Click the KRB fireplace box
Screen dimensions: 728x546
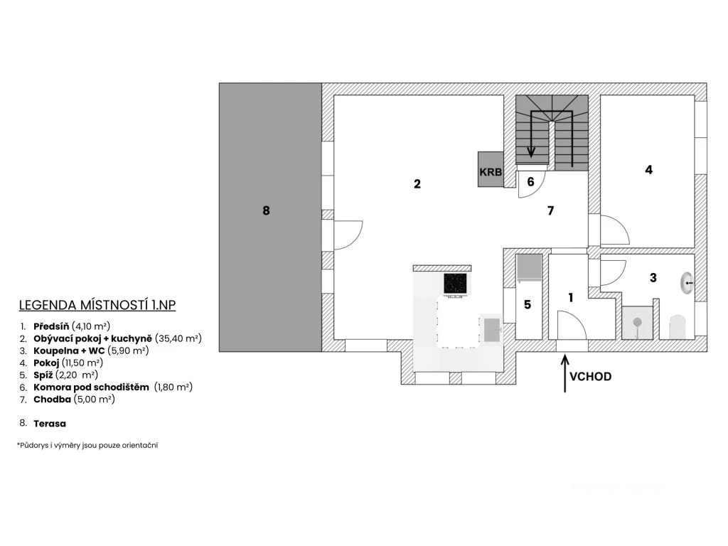[491, 169]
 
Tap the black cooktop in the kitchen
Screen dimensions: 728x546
[455, 283]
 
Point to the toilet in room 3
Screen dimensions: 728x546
[678, 327]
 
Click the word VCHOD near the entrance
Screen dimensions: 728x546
[590, 377]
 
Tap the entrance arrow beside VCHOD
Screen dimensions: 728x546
[564, 374]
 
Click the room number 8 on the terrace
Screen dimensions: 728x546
[266, 210]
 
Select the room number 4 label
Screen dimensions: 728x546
[648, 170]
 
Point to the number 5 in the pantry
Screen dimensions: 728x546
[528, 304]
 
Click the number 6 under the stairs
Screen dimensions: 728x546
[530, 181]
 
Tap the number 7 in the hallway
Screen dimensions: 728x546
[551, 210]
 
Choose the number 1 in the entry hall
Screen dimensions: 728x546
[571, 298]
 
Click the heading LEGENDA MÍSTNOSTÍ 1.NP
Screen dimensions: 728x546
[97, 305]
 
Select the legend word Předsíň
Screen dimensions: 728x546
[51, 326]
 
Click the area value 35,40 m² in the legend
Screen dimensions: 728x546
[178, 338]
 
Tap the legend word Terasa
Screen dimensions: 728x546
[50, 424]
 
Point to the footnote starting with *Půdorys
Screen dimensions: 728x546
[87, 445]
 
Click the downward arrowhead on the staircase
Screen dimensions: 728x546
[531, 153]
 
